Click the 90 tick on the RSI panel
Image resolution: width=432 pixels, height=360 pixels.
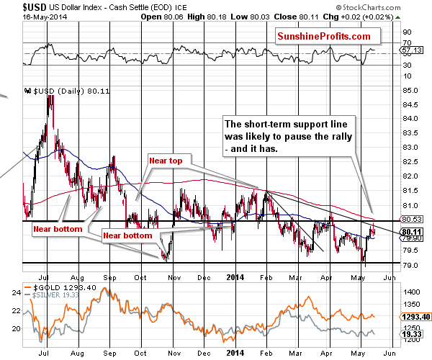(x=405, y=32)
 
